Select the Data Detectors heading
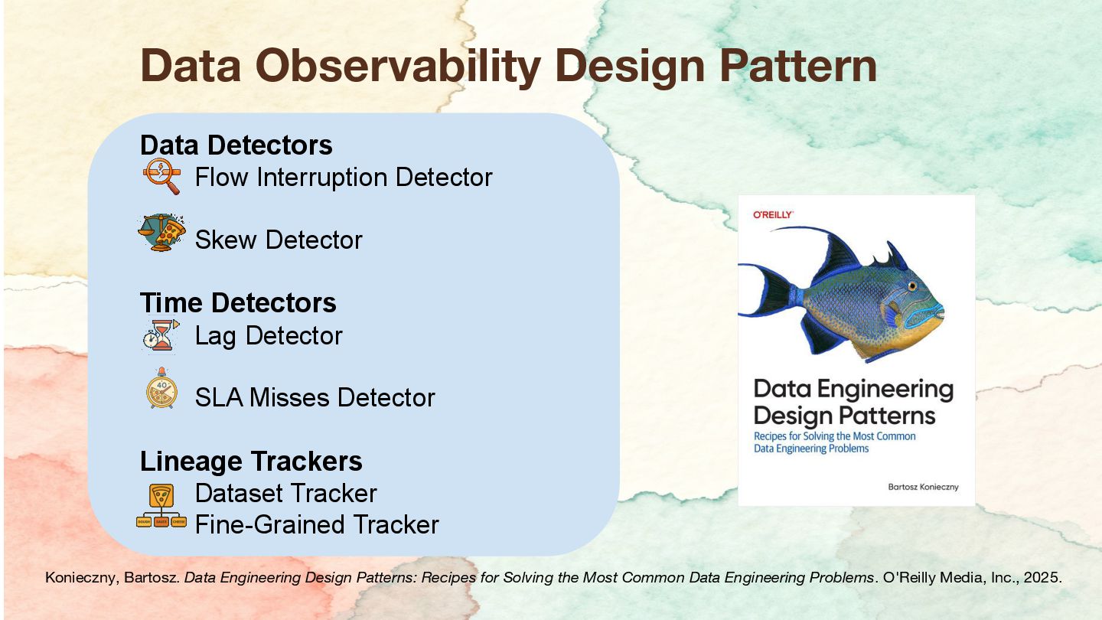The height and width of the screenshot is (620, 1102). point(236,145)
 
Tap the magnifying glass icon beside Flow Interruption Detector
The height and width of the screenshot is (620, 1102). point(162,176)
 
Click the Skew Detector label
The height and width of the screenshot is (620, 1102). point(279,240)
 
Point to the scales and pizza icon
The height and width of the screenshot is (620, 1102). point(162,232)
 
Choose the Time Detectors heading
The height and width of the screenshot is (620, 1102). point(238,302)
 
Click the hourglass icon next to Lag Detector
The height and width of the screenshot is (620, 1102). point(161,334)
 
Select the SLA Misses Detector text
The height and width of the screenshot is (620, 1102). point(315,397)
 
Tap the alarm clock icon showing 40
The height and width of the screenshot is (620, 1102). point(162,388)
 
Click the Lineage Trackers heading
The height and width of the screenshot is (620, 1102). point(251,461)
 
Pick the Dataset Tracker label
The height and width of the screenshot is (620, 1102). point(286,494)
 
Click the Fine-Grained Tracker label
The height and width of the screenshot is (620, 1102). point(317,524)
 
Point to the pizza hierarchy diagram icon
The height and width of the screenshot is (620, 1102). point(161,505)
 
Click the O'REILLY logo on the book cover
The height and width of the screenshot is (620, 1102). point(773,214)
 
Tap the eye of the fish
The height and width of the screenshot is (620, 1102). point(912,286)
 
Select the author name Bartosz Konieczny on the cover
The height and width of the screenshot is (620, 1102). point(923,487)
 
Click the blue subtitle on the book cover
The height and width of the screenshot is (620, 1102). point(834,442)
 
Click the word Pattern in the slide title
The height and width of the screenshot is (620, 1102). point(798,67)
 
